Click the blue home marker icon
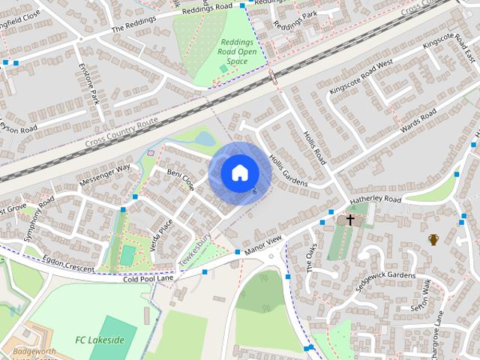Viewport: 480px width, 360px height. [238, 172]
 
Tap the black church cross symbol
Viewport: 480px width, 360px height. [349, 220]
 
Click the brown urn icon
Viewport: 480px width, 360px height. [433, 239]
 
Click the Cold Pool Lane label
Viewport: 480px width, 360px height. [148, 277]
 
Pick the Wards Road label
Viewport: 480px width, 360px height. [418, 121]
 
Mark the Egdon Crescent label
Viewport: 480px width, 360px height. [68, 263]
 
